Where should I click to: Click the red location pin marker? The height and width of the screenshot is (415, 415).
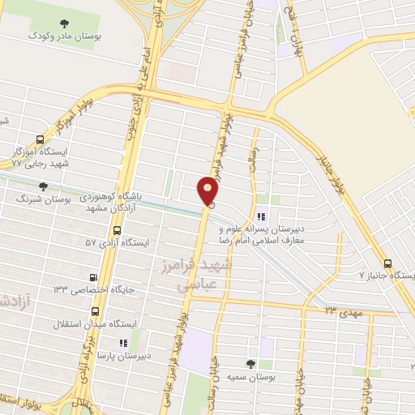[x=208, y=191]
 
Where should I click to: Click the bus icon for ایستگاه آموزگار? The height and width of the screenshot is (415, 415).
[x=39, y=139]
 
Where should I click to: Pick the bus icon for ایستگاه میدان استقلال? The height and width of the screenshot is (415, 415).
[x=96, y=310]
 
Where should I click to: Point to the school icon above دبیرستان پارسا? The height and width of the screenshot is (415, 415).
[x=123, y=343]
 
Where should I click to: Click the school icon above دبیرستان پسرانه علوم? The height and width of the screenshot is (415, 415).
[x=260, y=216]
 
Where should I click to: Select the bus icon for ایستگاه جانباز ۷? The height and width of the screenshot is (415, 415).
[x=388, y=263]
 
